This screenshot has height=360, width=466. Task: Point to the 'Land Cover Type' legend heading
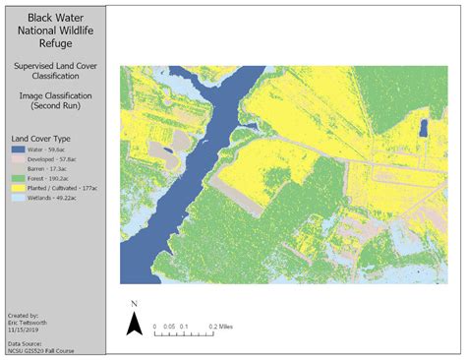(x=39, y=140)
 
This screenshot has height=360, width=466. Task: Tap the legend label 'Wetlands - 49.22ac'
(x=57, y=197)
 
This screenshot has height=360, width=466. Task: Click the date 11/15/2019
(x=22, y=329)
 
